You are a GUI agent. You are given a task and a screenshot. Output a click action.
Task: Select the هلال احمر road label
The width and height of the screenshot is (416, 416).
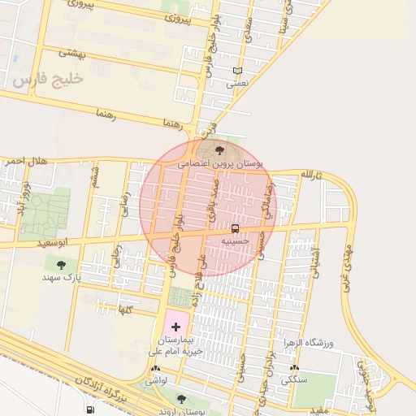(x=26, y=162)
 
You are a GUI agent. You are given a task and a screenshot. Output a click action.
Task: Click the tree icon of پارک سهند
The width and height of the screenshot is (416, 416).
(x=61, y=264)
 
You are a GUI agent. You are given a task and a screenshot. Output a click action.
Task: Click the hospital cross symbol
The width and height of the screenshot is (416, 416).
(x=177, y=326)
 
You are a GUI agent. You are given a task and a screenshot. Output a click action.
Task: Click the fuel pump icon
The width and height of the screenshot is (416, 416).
(x=89, y=409)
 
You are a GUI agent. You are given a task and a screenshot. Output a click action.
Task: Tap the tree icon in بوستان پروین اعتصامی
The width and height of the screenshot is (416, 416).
(x=220, y=149)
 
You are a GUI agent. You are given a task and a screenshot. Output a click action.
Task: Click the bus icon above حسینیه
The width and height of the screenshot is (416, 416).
(x=235, y=228)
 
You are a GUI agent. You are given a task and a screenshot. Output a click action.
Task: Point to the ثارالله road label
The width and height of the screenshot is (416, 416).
(x=311, y=175)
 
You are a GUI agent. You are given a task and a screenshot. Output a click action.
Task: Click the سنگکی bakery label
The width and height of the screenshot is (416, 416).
(x=293, y=379)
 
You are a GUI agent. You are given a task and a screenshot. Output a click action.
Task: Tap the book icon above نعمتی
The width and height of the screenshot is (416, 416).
(x=237, y=71)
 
